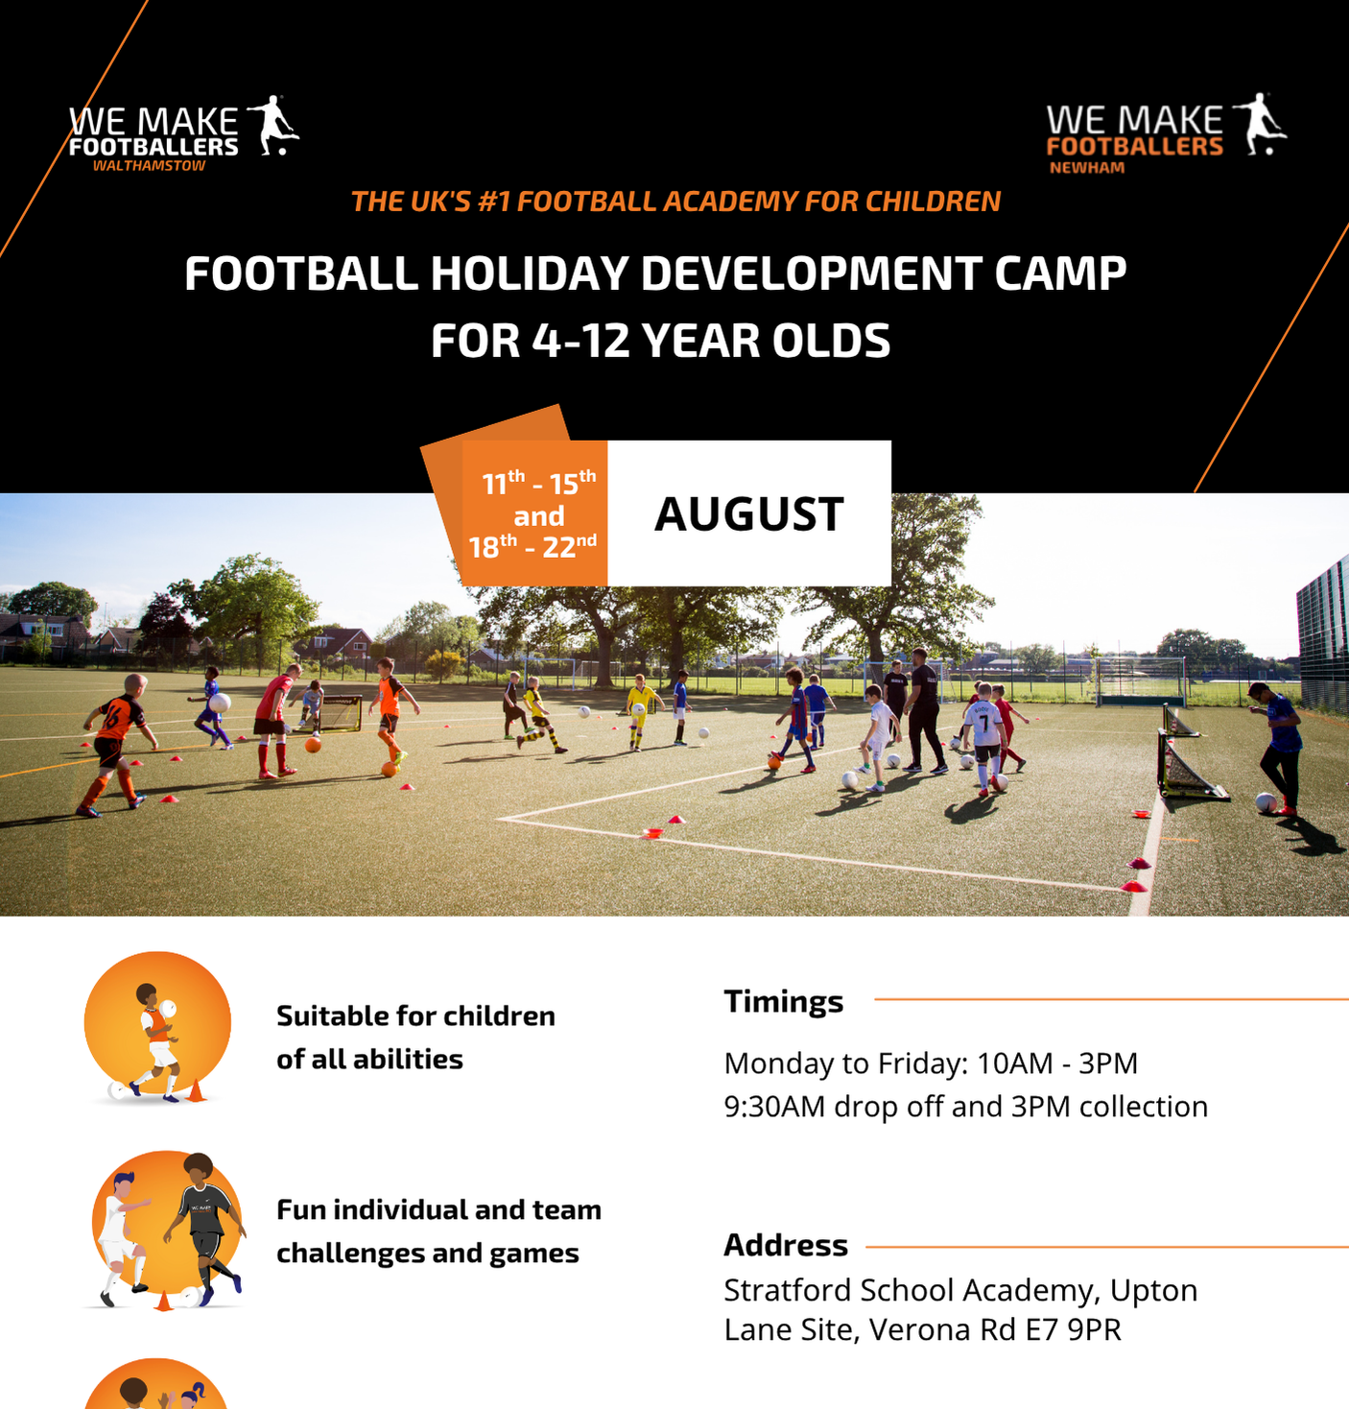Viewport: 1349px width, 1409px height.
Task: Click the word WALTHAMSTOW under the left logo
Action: click(149, 166)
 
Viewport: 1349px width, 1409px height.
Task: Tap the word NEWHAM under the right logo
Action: click(1087, 168)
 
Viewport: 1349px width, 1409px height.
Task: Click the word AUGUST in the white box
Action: click(749, 514)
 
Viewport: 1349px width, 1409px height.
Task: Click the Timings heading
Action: click(784, 1003)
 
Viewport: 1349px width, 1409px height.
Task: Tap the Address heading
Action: click(786, 1246)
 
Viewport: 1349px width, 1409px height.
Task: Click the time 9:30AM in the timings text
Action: click(774, 1107)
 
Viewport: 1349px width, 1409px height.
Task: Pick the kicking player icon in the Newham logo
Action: click(1261, 124)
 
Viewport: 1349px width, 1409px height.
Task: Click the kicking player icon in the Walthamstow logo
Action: click(272, 126)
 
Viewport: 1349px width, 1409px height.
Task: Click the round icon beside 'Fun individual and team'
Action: click(166, 1230)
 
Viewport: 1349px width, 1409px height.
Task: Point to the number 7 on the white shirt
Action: click(984, 724)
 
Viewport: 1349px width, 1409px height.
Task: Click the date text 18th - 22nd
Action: click(532, 547)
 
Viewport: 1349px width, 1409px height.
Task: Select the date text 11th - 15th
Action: click(539, 483)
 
